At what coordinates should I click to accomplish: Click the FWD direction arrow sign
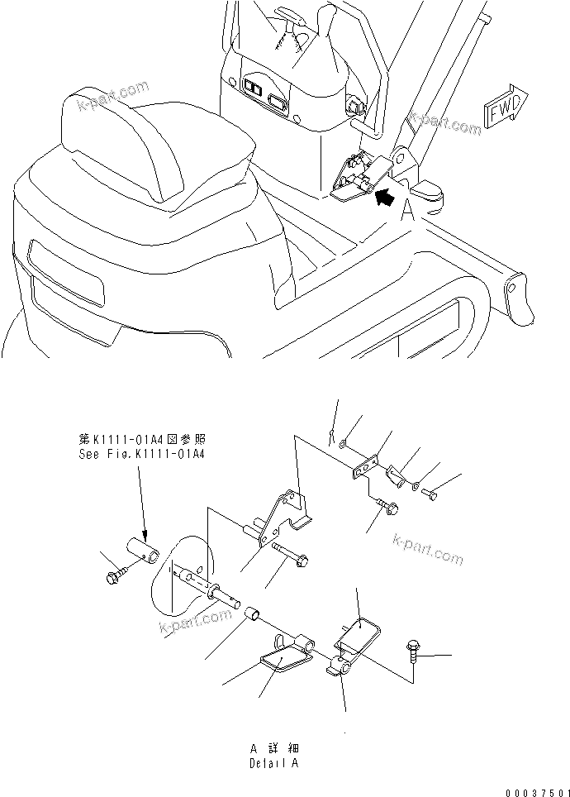click(x=501, y=109)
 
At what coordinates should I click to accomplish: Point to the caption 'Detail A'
click(x=273, y=763)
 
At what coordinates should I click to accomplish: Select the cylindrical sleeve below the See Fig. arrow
click(x=142, y=549)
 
